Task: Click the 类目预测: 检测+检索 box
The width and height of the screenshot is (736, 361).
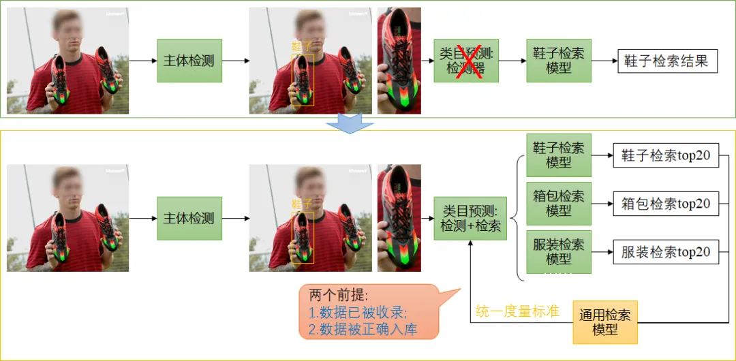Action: [x=470, y=219]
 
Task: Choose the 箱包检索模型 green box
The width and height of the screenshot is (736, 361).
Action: [x=559, y=204]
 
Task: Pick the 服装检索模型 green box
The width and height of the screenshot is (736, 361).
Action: [x=559, y=251]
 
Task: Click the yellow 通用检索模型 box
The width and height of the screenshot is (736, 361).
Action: [x=605, y=321]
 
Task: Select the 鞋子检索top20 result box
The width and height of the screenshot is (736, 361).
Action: [x=666, y=155]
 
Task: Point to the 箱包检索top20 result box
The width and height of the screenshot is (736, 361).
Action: [x=666, y=204]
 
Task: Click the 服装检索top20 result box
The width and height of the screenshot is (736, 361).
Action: [x=666, y=252]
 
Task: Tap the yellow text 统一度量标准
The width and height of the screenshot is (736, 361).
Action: [x=517, y=312]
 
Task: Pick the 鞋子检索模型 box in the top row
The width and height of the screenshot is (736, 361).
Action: [x=559, y=61]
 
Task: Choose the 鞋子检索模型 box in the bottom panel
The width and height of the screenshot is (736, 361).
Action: [x=559, y=155]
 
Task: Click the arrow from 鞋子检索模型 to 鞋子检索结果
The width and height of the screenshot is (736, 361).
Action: [x=604, y=61]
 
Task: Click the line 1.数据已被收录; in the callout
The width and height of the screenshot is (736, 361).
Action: [x=357, y=313]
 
